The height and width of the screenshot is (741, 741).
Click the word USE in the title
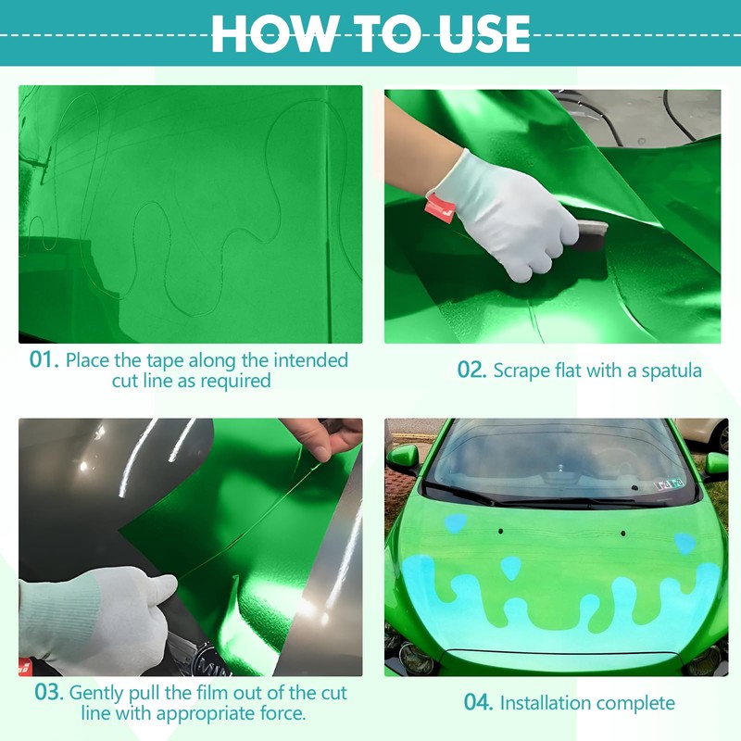click(x=484, y=33)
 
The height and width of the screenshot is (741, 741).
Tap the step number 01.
click(x=44, y=359)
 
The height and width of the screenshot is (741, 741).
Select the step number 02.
click(x=471, y=370)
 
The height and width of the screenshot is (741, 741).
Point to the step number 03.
click(x=49, y=693)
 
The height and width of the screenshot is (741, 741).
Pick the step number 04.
click(x=478, y=702)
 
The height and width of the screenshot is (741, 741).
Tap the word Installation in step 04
click(x=541, y=703)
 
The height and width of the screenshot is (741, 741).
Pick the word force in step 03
click(x=283, y=713)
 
